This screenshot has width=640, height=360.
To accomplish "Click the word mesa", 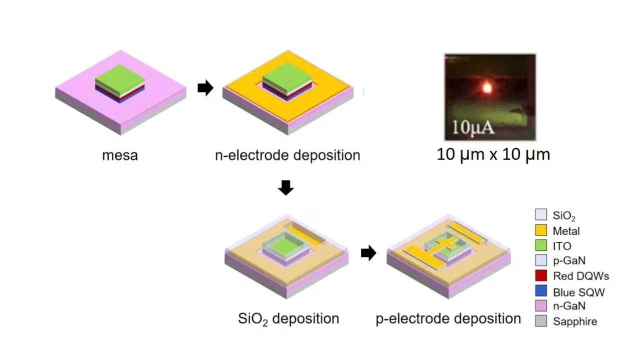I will [120, 155].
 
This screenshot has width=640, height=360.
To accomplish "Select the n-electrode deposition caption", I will [287, 155].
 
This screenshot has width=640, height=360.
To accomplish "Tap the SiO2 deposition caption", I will [288, 318].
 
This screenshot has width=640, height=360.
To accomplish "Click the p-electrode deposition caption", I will [448, 318].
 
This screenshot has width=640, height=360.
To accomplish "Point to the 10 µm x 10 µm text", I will [493, 154].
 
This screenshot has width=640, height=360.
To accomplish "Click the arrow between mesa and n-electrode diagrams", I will [205, 88].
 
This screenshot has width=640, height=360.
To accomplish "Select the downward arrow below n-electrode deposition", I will [285, 188].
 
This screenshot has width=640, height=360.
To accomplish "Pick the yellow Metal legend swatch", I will [541, 230].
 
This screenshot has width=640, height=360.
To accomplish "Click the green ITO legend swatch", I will [541, 245].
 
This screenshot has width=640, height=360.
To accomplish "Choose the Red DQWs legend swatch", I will [541, 275].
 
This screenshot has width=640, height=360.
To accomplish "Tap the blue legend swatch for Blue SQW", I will [541, 291].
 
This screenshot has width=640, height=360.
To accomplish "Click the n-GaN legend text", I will [569, 305].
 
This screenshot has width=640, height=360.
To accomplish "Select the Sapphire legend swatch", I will [541, 321].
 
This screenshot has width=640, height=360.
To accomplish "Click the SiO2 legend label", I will [564, 216].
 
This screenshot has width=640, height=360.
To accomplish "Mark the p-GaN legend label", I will [569, 260].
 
